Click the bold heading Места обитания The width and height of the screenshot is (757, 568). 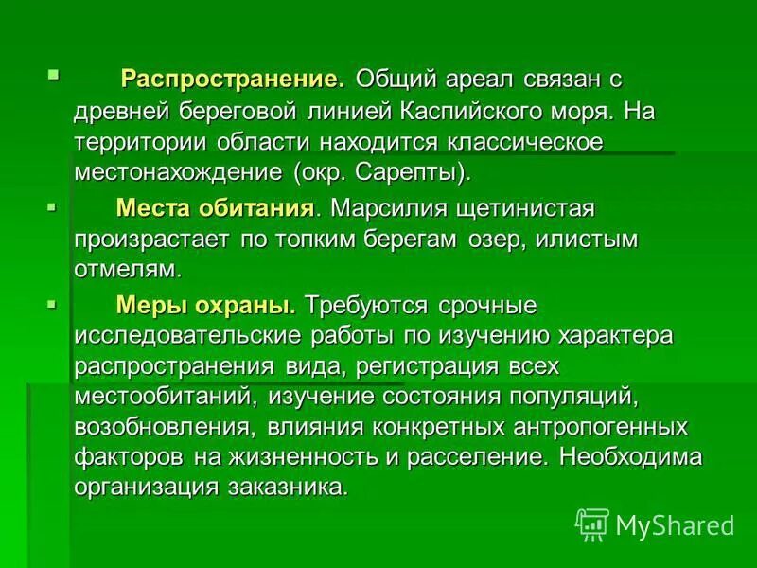tap(214, 207)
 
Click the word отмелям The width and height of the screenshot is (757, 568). tap(127, 269)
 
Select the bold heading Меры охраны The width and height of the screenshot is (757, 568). tap(205, 305)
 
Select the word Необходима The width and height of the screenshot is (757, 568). tap(630, 457)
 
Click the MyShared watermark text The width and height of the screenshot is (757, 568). tap(675, 524)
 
